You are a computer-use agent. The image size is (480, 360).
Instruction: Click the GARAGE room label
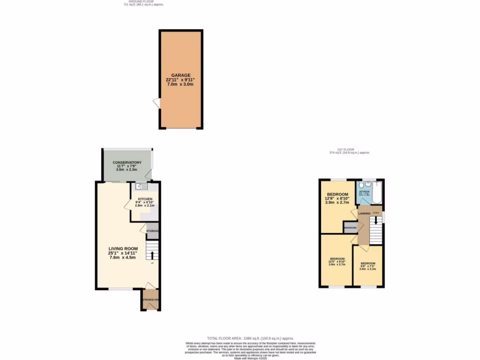180,75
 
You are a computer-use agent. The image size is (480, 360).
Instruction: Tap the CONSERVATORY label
127,162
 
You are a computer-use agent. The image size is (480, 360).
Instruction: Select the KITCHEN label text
145,199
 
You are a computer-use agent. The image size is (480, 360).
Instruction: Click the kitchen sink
139,187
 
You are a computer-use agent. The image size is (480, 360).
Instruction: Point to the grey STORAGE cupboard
152,231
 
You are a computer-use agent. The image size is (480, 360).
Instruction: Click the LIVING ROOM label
122,248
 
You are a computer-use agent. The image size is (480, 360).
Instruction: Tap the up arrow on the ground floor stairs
152,255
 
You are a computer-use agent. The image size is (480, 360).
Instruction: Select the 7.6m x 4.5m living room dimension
122,257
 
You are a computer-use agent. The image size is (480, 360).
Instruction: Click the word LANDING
364,214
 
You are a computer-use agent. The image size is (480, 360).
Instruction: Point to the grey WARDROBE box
351,227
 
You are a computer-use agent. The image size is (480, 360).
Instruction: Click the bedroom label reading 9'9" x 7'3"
367,266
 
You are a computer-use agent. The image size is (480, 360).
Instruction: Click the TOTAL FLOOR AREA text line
250,338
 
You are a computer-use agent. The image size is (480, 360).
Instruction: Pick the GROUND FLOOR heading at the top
139,2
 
